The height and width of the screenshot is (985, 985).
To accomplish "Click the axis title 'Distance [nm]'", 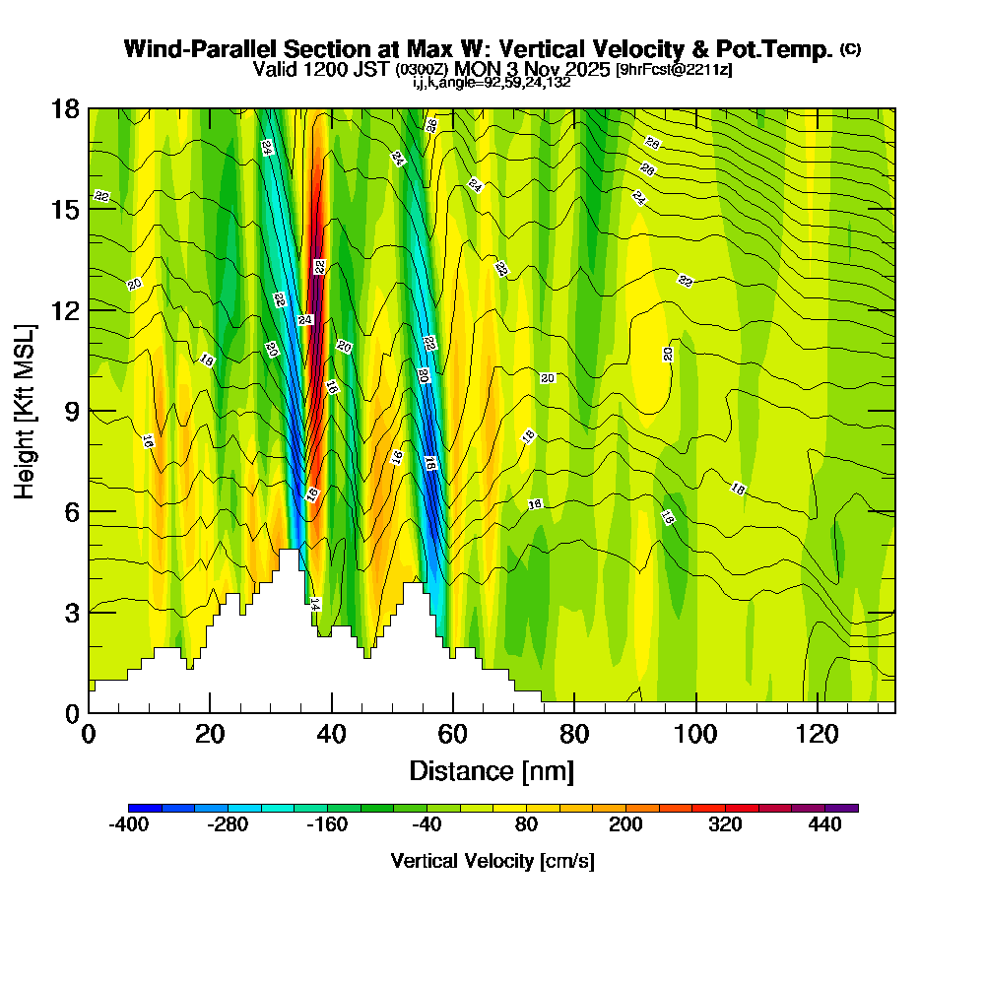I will click(492, 770).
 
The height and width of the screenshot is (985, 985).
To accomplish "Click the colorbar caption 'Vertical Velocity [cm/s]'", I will click(492, 861).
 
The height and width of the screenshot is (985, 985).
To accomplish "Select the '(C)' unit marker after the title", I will click(850, 49).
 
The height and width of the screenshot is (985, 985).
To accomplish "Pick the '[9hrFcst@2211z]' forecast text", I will click(674, 70).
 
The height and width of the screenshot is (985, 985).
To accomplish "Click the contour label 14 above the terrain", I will click(315, 603).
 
